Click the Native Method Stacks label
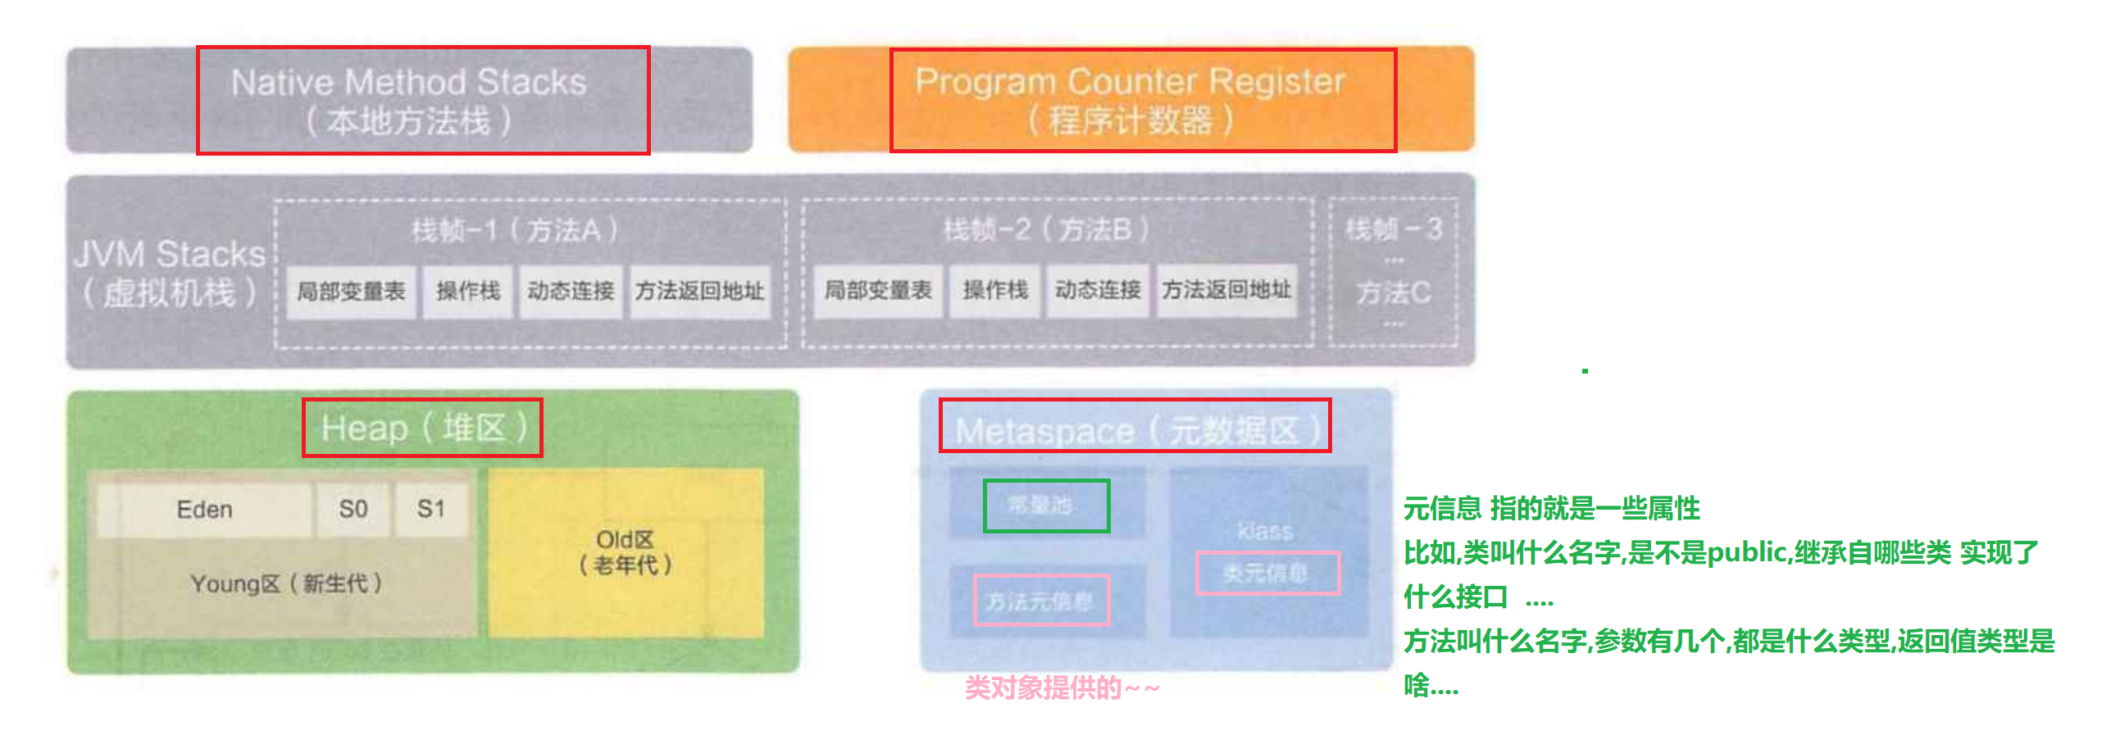[409, 83]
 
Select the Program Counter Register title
[1130, 82]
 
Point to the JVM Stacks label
[170, 254]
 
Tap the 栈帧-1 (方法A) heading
[515, 230]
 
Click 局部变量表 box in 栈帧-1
[351, 291]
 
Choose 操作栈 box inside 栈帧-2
[995, 290]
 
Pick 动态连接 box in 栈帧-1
[571, 291]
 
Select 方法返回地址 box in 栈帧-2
[1226, 290]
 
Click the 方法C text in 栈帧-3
[1393, 293]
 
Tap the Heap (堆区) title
[423, 428]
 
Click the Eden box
[204, 510]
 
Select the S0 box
[353, 510]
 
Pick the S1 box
[431, 510]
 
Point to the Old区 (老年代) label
[626, 552]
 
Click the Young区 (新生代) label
[286, 583]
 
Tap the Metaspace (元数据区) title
[1136, 429]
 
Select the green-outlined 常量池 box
[1046, 506]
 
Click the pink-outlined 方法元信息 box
[1041, 601]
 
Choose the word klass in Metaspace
[1265, 531]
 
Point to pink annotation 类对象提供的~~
[1062, 688]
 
